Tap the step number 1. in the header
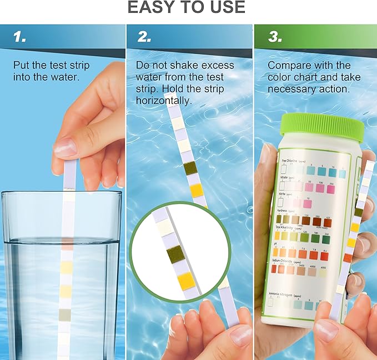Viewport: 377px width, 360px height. (20, 37)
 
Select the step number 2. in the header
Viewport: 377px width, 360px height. (144, 37)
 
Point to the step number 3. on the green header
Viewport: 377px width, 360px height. (274, 37)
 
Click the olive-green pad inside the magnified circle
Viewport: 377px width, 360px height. (175, 255)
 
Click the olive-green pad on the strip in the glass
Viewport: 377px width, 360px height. (66, 315)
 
